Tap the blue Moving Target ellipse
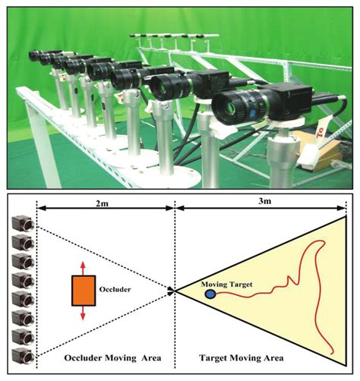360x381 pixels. coord(210,293)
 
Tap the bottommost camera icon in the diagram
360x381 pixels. coord(21,355)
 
